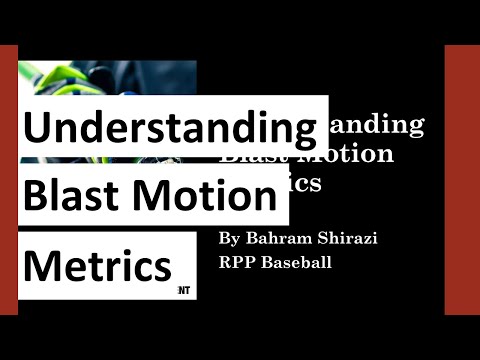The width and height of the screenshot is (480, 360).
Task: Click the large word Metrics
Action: pyautogui.click(x=97, y=265)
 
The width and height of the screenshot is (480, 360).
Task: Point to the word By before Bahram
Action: pyautogui.click(x=230, y=240)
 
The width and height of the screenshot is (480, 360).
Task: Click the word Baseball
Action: pyautogui.click(x=297, y=264)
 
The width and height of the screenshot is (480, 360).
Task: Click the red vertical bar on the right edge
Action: pyautogui.click(x=462, y=180)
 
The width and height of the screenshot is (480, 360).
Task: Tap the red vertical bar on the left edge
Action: pyautogui.click(x=9, y=180)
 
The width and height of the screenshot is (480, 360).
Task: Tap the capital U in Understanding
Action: pyautogui.click(x=37, y=129)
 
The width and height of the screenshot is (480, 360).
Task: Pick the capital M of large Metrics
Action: pyautogui.click(x=41, y=265)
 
